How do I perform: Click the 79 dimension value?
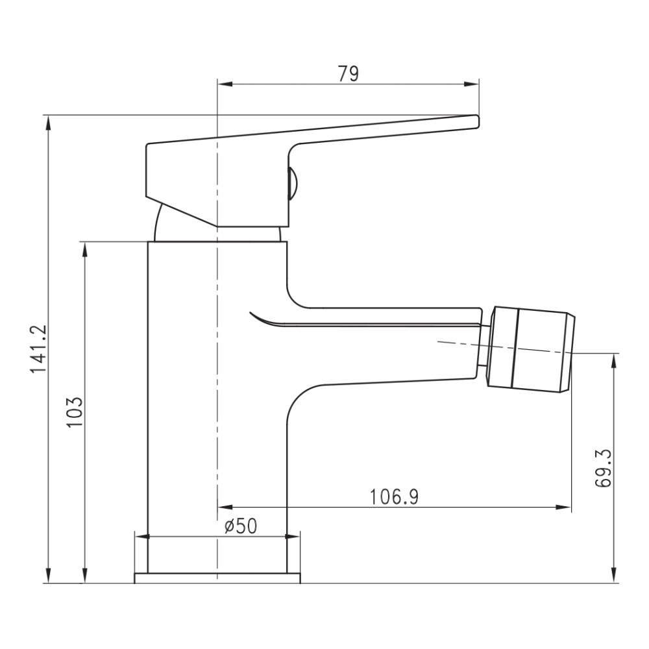tap(349, 74)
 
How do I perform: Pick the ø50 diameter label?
tap(241, 526)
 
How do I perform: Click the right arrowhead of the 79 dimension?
tap(471, 84)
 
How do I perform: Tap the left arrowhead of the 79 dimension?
tap(225, 84)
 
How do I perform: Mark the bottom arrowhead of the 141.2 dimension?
tap(49, 575)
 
